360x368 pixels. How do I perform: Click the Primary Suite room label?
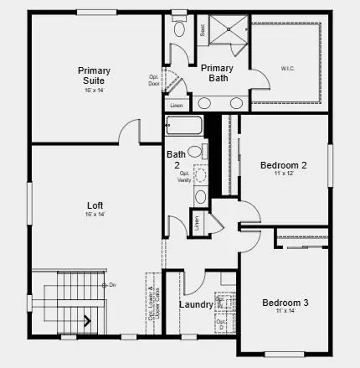pos(94,75)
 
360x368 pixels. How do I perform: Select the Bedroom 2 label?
pos(283,165)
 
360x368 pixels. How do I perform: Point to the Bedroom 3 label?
pos(285,303)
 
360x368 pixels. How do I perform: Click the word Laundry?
pos(196,303)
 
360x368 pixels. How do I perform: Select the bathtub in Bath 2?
pos(183,128)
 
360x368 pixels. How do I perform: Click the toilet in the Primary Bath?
pos(180,29)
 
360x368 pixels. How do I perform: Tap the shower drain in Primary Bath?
pos(225,29)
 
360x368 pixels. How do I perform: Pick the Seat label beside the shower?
pos(203,29)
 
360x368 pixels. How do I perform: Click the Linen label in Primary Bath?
pos(176,106)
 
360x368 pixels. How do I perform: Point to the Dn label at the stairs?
pos(112,286)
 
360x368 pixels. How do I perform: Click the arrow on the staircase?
pos(85,319)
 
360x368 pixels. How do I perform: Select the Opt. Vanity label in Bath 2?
pos(183,176)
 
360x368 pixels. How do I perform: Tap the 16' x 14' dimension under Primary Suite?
pos(94,89)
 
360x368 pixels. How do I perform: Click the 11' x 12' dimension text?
pos(283,175)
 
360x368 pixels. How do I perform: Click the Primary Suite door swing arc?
pos(129,130)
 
